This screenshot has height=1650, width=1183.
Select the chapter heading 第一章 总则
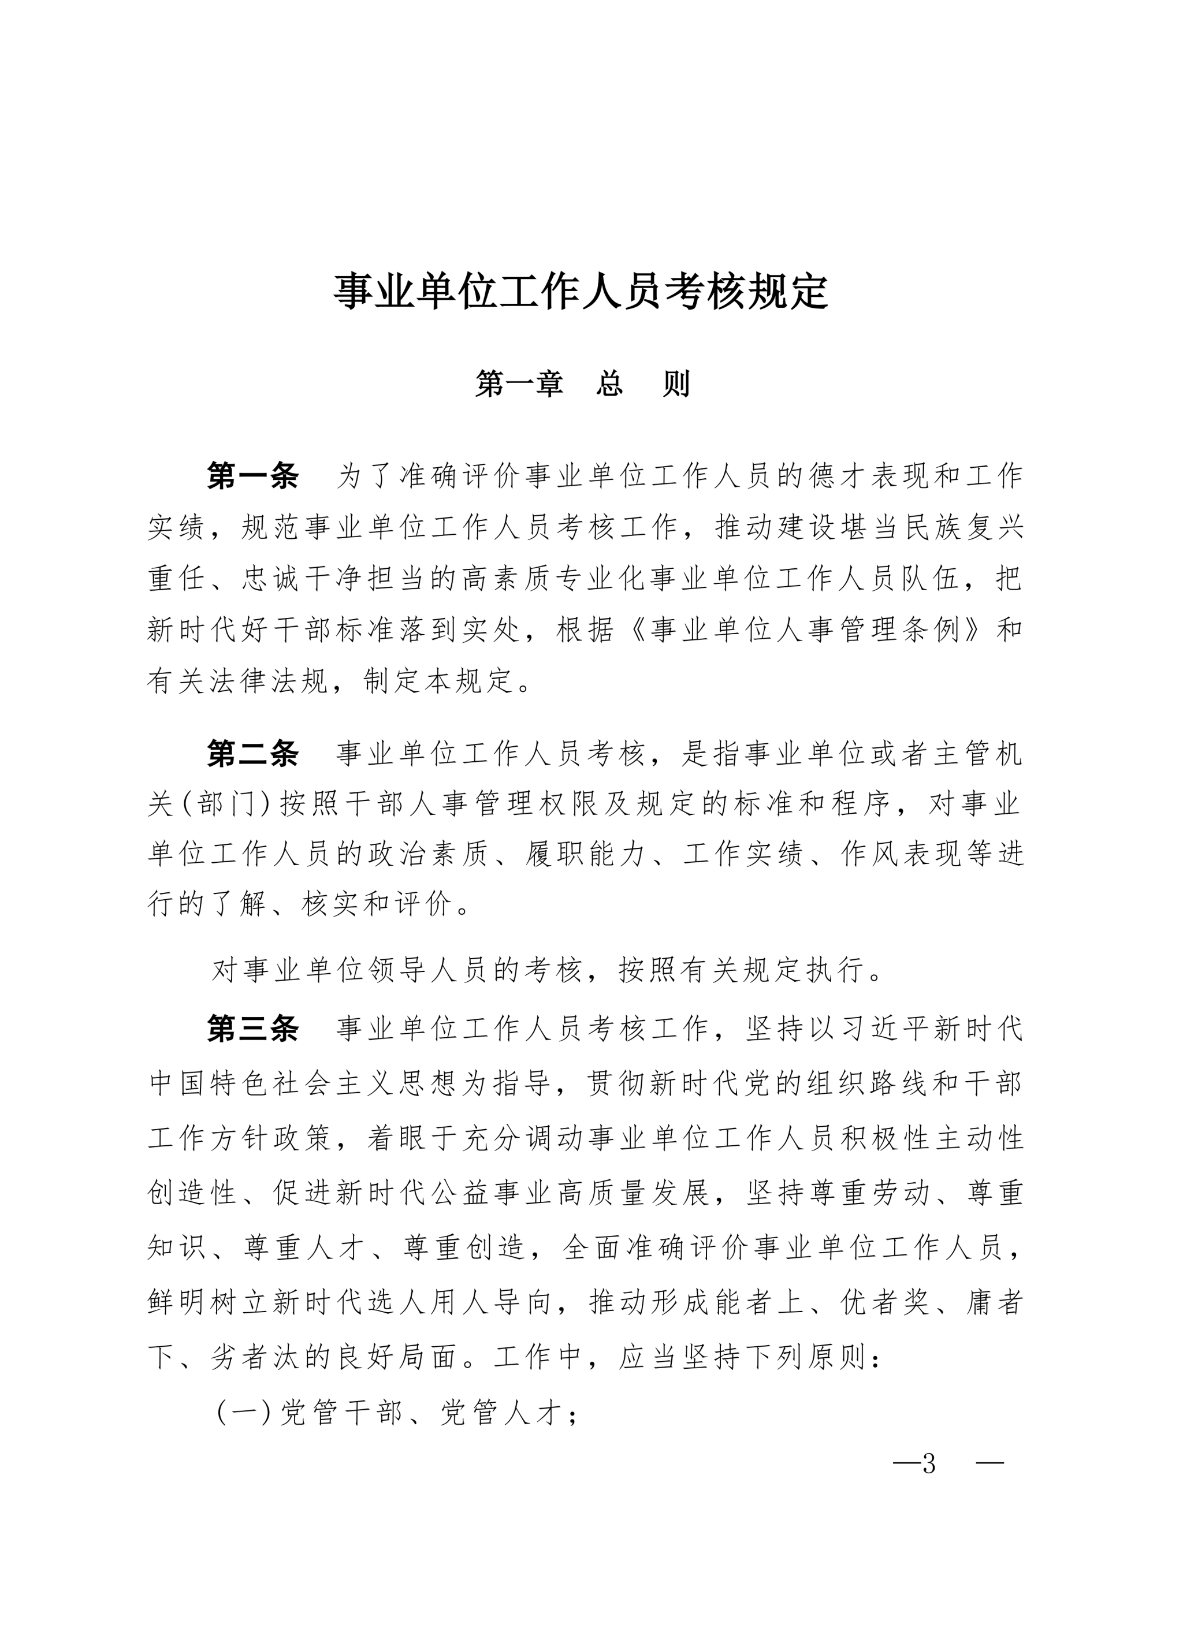(x=582, y=383)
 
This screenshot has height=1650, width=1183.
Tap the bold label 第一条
(x=252, y=476)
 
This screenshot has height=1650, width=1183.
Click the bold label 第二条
(x=252, y=754)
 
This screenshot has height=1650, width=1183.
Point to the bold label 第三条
(x=252, y=1029)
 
